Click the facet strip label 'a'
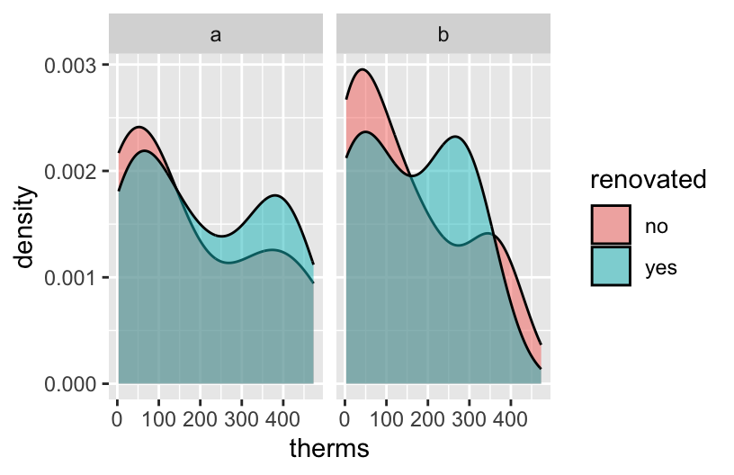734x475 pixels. (x=216, y=35)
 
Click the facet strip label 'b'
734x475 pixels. (x=443, y=35)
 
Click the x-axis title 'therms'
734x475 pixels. (x=329, y=448)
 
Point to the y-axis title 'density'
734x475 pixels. (x=26, y=225)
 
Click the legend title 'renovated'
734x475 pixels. (x=648, y=180)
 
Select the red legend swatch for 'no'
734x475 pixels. (x=611, y=225)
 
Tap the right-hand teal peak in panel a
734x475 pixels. (x=274, y=195)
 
